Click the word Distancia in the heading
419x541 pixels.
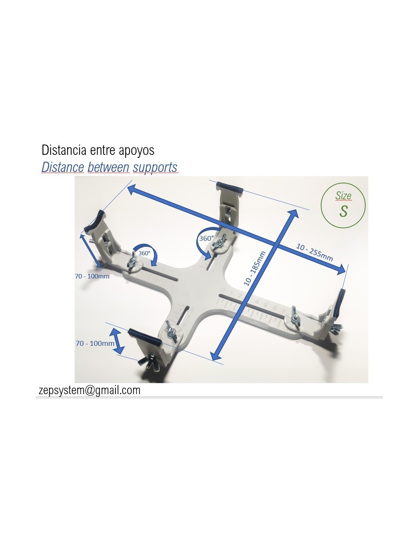coord(64,150)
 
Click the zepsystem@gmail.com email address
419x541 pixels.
coord(90,390)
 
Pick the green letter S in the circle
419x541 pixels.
coord(343,211)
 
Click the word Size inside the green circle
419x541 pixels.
coord(343,196)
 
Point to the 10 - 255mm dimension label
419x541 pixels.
coord(314,252)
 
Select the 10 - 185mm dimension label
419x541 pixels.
coord(255,268)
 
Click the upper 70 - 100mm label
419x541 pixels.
coord(92,276)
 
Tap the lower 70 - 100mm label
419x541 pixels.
coord(95,343)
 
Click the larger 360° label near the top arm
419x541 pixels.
coord(206,239)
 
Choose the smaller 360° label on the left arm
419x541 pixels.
coord(144,253)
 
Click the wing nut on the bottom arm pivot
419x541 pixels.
coord(171,330)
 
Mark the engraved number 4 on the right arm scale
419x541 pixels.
coord(257,302)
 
